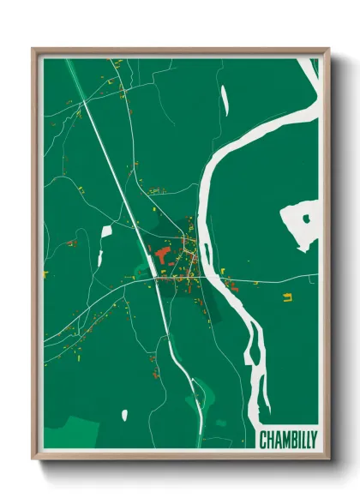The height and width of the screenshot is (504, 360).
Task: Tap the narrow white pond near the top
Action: [x=224, y=100]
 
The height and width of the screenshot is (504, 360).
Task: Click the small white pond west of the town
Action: [x=106, y=231]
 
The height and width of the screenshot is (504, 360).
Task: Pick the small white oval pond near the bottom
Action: [x=125, y=415]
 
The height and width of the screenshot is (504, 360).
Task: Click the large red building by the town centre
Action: [x=162, y=255]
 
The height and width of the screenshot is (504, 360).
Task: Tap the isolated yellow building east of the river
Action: [x=287, y=298]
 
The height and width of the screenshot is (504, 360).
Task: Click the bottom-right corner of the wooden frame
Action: [x=327, y=459]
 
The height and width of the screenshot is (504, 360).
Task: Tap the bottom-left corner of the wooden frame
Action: [x=33, y=459]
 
